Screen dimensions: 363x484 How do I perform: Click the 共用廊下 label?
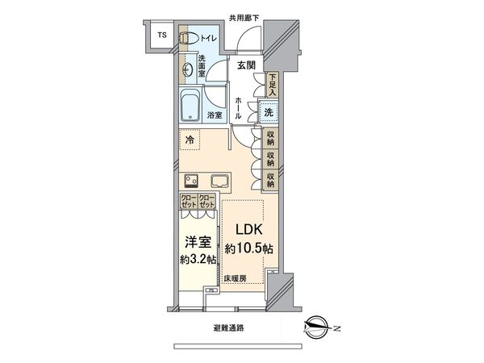(x=244, y=18)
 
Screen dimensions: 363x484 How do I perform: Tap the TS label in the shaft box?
(x=161, y=35)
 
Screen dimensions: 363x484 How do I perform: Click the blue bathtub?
(x=191, y=105)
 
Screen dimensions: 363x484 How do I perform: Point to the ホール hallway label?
(x=240, y=106)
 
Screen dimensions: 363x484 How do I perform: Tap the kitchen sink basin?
(x=219, y=180)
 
